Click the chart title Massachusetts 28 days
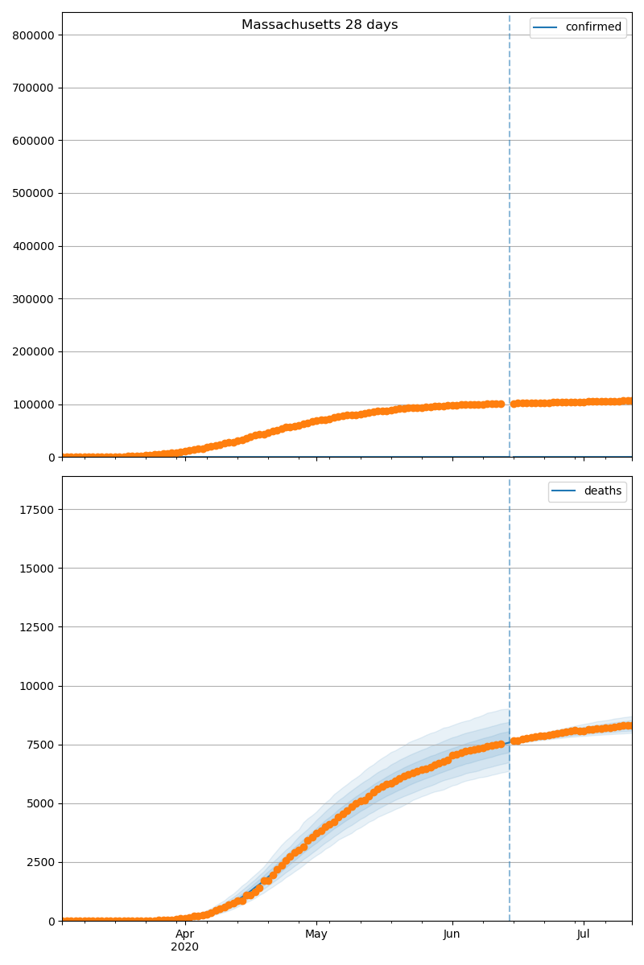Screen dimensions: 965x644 pyautogui.click(x=320, y=25)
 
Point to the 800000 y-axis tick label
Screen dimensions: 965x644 pyautogui.click(x=33, y=35)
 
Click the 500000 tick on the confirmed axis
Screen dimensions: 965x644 pyautogui.click(x=33, y=194)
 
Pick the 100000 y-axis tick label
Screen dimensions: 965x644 pyautogui.click(x=33, y=404)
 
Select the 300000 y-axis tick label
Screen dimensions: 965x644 pyautogui.click(x=33, y=299)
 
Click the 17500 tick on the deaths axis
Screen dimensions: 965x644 pyautogui.click(x=39, y=510)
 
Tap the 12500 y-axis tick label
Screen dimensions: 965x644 pyautogui.click(x=39, y=627)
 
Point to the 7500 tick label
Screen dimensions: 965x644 pyautogui.click(x=42, y=745)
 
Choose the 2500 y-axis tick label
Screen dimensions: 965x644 pyautogui.click(x=42, y=862)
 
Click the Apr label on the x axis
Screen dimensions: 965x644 pyautogui.click(x=185, y=934)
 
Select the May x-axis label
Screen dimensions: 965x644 pyautogui.click(x=316, y=934)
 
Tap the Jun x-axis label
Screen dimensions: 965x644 pyautogui.click(x=452, y=934)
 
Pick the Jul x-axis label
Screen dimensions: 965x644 pyautogui.click(x=583, y=934)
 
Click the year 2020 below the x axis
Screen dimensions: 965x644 pyautogui.click(x=185, y=947)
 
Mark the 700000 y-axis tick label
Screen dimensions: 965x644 pyautogui.click(x=33, y=88)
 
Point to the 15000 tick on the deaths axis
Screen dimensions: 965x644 pyautogui.click(x=39, y=569)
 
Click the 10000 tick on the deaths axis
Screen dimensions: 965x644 pyautogui.click(x=39, y=686)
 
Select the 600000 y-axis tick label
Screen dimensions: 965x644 pyautogui.click(x=33, y=141)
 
